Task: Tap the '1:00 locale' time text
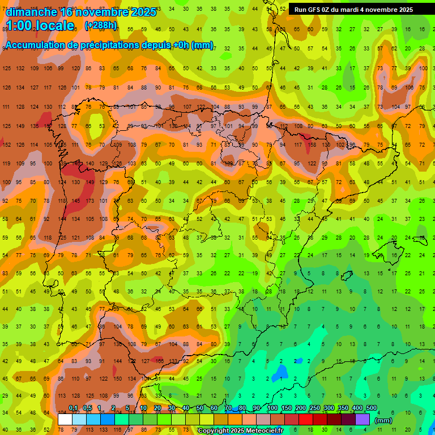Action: tap(40, 25)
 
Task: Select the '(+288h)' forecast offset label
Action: tap(101, 25)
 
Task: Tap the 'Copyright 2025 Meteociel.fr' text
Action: tap(241, 431)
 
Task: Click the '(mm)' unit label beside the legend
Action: tap(383, 420)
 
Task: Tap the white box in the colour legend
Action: tap(65, 419)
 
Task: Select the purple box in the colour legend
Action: tap(362, 419)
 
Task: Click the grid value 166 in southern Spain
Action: tap(160, 361)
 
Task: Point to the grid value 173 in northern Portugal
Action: tap(90, 201)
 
